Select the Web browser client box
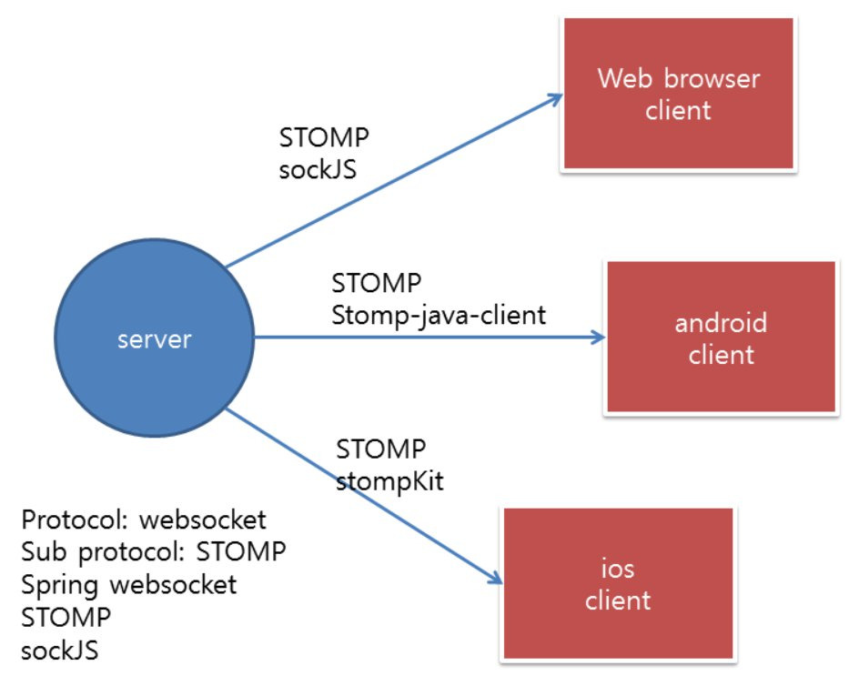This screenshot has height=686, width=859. (x=678, y=94)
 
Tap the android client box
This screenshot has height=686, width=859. (x=721, y=338)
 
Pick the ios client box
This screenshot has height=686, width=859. (x=618, y=583)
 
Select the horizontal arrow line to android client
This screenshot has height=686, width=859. (x=428, y=338)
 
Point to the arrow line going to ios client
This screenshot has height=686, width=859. (x=364, y=498)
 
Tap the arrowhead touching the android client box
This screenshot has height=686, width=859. (x=597, y=338)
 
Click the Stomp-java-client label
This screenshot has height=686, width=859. (x=439, y=315)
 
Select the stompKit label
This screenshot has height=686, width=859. (x=389, y=479)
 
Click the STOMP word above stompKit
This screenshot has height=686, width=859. (x=381, y=449)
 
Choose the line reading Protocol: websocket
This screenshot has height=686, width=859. (x=144, y=520)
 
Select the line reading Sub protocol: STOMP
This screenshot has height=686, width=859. (x=154, y=552)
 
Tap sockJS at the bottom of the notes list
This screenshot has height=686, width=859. (x=59, y=650)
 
